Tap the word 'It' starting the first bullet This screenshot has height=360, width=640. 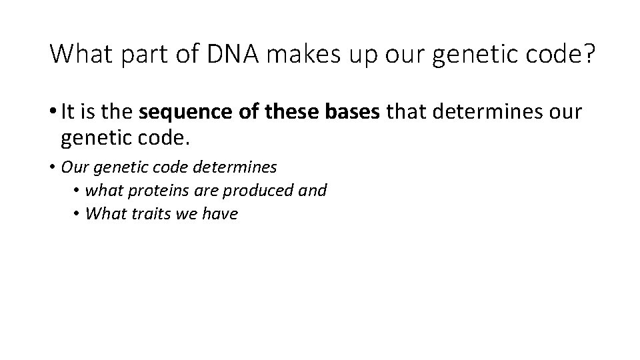click(67, 112)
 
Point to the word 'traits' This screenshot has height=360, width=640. click(155, 214)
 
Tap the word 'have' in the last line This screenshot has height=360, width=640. click(221, 214)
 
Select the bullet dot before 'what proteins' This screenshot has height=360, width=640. click(78, 191)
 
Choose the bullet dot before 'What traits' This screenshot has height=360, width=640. click(78, 214)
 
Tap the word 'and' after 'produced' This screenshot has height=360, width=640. click(313, 191)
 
